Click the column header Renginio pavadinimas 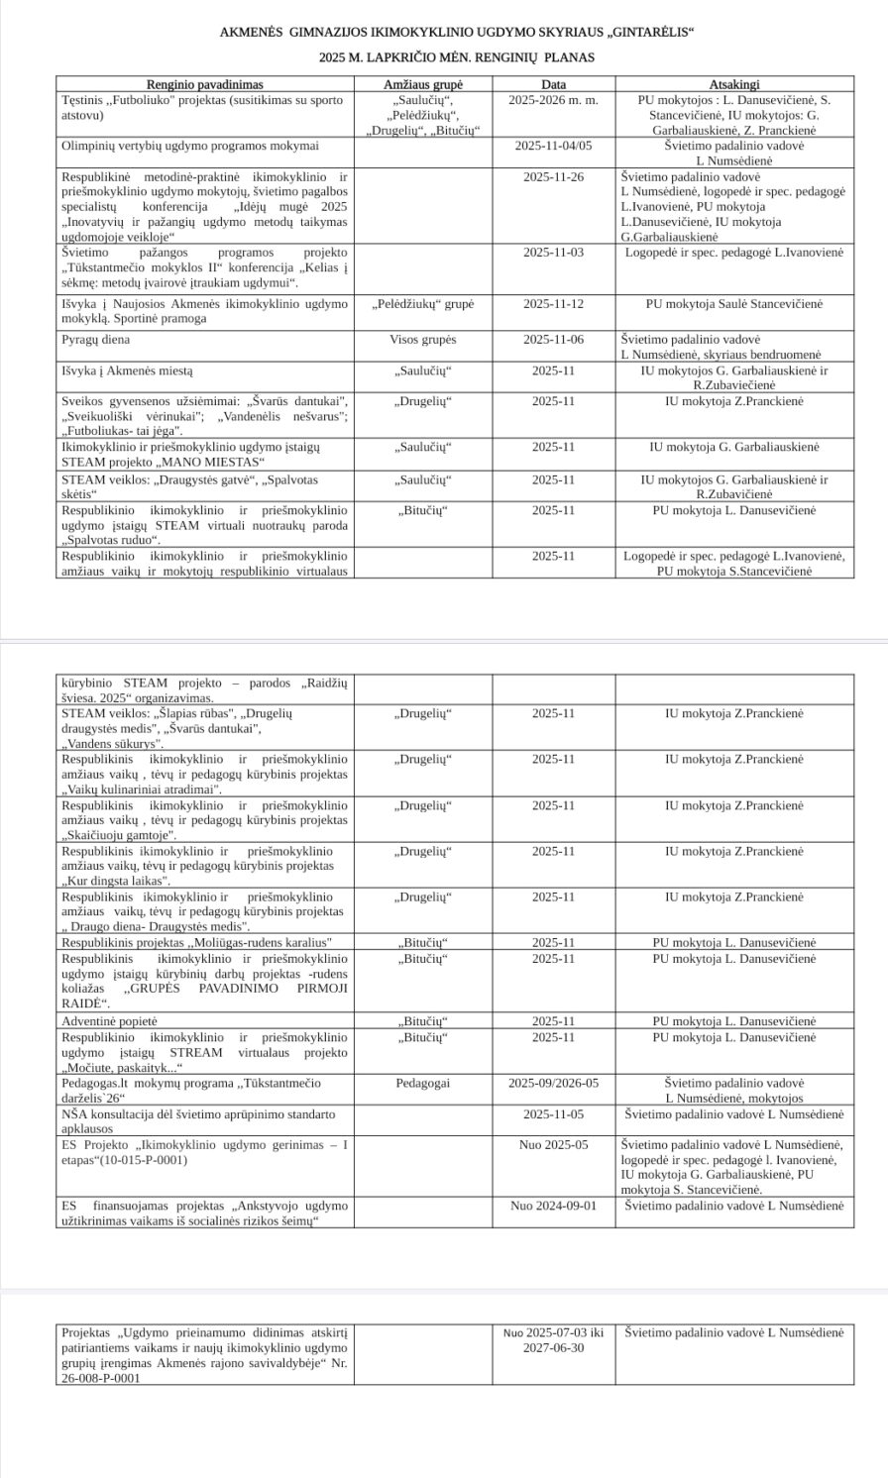click(x=205, y=84)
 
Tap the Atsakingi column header click(x=733, y=84)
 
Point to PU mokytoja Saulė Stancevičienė click(x=733, y=303)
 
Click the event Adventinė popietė click(x=109, y=1020)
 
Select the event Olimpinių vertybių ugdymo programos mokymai click(x=190, y=145)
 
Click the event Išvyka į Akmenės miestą click(x=128, y=370)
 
